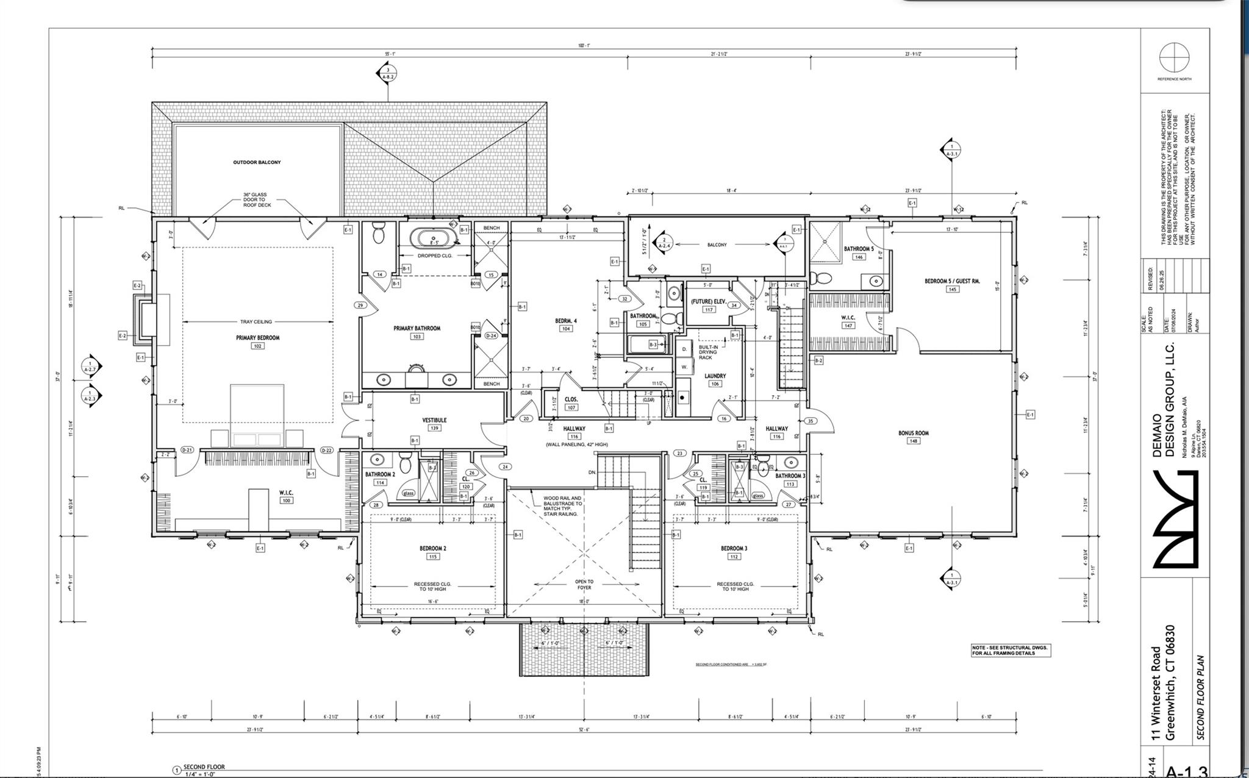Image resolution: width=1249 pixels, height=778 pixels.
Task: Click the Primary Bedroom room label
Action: click(x=257, y=338)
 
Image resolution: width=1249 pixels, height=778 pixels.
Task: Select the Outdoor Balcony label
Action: click(x=257, y=162)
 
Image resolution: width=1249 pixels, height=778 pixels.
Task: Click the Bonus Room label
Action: click(x=913, y=433)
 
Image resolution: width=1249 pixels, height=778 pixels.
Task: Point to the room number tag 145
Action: click(x=952, y=289)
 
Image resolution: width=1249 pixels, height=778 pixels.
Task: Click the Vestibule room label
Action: click(x=434, y=420)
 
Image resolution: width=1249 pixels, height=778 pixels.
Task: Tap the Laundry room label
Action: click(x=715, y=376)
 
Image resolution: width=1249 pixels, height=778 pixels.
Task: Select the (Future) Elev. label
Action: click(x=708, y=302)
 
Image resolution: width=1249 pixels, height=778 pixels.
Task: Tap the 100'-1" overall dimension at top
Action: click(x=584, y=46)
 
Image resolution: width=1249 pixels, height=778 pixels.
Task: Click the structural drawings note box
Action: click(x=1011, y=650)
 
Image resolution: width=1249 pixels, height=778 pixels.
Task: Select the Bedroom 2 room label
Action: click(x=432, y=548)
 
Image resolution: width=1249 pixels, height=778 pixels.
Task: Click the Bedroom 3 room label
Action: click(x=734, y=548)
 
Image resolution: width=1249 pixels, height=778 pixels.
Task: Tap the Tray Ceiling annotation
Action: click(x=256, y=321)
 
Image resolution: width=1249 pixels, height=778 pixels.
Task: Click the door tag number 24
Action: click(x=505, y=467)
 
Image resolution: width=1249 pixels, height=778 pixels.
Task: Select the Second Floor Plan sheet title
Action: click(x=1200, y=698)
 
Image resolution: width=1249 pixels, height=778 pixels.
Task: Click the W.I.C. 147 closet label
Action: click(x=848, y=318)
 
